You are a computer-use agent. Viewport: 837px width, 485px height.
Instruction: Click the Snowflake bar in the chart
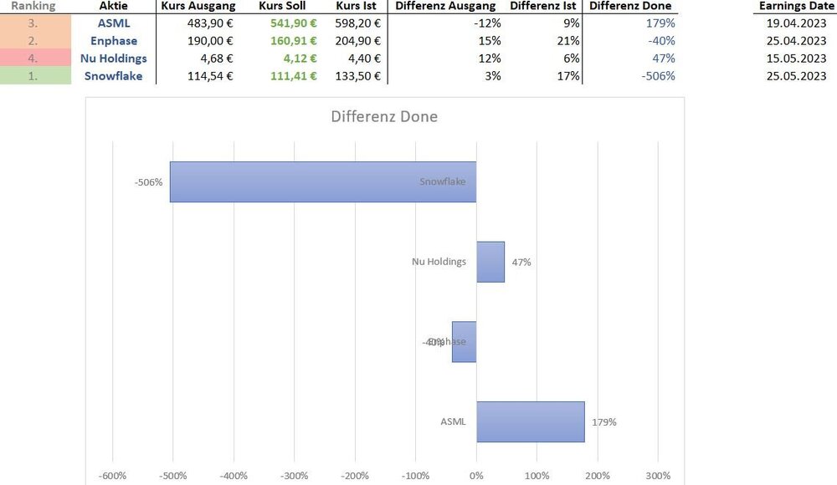coord(322,181)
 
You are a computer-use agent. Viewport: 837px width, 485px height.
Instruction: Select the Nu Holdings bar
coord(490,262)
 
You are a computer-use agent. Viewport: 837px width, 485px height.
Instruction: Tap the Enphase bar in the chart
coord(465,342)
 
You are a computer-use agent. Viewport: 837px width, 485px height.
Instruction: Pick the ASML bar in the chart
coord(531,421)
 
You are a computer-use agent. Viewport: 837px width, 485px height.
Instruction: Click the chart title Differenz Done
coord(384,116)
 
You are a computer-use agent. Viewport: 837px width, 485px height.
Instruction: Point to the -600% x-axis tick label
coord(113,476)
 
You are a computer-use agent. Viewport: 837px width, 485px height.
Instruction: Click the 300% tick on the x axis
coord(658,476)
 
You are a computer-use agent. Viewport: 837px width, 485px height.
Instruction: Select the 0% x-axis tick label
coord(476,476)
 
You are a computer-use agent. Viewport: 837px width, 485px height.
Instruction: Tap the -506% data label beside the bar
coord(148,182)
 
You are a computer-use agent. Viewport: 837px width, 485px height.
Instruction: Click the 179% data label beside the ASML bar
coord(603,422)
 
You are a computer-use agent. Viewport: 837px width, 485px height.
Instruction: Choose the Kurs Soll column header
coord(285,6)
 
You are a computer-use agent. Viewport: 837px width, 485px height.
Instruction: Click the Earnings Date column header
coord(797,6)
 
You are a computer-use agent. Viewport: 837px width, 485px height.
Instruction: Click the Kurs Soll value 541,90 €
coord(294,23)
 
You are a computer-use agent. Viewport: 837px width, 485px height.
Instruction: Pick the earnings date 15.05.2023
coord(796,59)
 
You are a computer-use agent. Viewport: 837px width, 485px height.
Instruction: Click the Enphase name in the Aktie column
coord(114,41)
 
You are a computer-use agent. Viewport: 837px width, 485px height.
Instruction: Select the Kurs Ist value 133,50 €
coord(357,76)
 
